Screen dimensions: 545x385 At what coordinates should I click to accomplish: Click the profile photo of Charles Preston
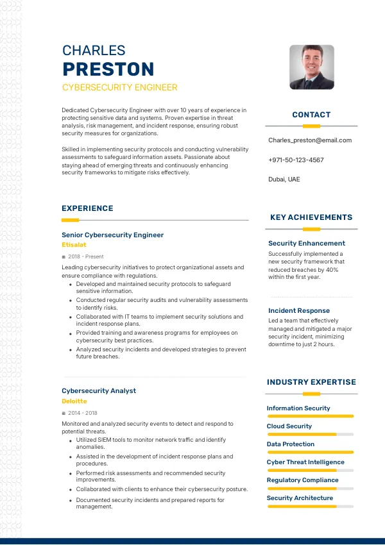(x=312, y=67)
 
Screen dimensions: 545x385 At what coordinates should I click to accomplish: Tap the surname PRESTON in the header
(x=108, y=69)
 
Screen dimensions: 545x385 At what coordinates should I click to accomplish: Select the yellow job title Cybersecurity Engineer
(x=119, y=87)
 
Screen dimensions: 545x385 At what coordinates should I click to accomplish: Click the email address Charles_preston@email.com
(x=310, y=140)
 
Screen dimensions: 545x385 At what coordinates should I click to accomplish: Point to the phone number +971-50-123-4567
(x=296, y=160)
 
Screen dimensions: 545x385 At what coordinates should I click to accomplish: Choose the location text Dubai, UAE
(x=284, y=180)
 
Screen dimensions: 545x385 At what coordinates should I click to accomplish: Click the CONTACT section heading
(x=311, y=115)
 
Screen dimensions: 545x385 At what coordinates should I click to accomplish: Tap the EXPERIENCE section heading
(x=87, y=208)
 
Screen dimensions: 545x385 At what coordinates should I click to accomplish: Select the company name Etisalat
(x=74, y=245)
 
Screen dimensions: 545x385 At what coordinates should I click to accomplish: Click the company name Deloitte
(x=74, y=401)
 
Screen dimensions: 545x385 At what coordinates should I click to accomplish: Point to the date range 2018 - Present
(x=85, y=256)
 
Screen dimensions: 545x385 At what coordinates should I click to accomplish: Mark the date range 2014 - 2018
(x=83, y=413)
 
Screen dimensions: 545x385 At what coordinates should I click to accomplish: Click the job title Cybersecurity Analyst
(x=99, y=390)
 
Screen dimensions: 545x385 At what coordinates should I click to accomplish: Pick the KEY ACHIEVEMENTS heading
(x=311, y=217)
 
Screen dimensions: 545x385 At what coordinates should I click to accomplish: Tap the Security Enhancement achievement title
(x=307, y=244)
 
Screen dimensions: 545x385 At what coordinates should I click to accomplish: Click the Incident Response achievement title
(x=299, y=311)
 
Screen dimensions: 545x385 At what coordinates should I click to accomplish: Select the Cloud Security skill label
(x=289, y=426)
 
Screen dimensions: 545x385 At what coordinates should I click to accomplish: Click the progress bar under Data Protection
(x=311, y=452)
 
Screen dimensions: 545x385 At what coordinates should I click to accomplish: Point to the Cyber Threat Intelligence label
(x=305, y=462)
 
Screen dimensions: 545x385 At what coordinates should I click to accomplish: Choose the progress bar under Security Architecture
(x=311, y=507)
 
